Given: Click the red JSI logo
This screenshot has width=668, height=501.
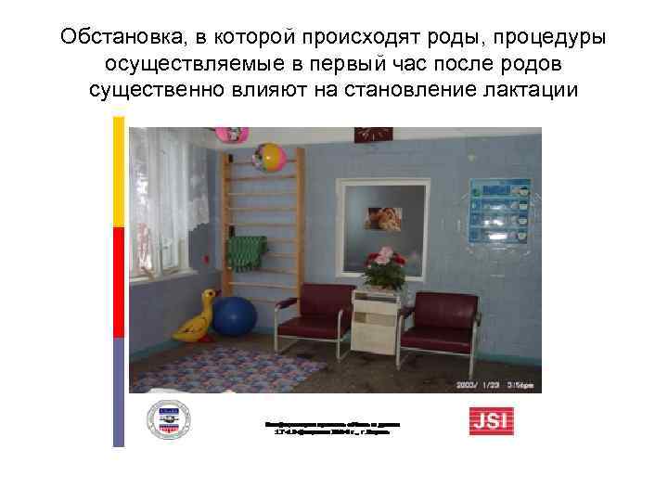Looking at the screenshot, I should click(490, 421).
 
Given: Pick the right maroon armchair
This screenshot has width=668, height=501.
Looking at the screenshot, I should click(443, 317).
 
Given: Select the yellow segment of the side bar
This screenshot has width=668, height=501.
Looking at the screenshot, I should click(118, 172).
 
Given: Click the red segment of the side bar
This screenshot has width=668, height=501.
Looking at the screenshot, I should click(118, 282).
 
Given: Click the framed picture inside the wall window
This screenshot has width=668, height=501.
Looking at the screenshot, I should click(384, 217).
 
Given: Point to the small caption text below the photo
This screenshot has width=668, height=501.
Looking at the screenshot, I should click(333, 427).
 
